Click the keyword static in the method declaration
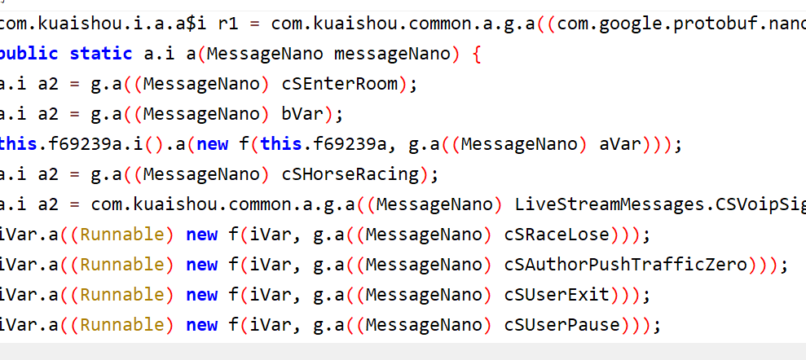(100, 54)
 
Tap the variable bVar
(306, 114)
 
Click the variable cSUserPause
(562, 325)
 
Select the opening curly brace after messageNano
(477, 54)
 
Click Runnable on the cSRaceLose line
(127, 235)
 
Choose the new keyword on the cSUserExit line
(201, 295)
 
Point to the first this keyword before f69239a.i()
(18, 144)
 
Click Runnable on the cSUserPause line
(127, 325)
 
